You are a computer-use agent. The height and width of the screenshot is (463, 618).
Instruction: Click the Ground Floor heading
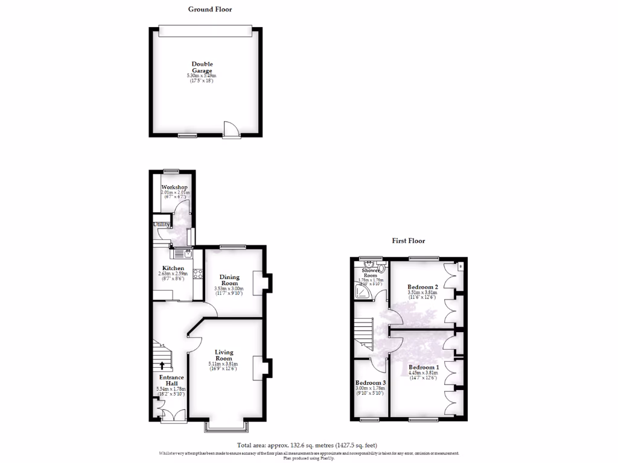(x=209, y=9)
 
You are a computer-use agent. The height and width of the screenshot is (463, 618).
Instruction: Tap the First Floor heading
(x=409, y=241)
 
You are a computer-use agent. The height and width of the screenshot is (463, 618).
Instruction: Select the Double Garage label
(x=202, y=67)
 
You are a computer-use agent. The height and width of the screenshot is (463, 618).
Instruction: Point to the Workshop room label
(x=174, y=187)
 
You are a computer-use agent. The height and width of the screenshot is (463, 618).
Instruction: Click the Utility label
(x=161, y=224)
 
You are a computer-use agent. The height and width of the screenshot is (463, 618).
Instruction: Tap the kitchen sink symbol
(x=183, y=254)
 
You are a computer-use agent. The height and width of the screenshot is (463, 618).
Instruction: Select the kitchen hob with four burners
(x=197, y=274)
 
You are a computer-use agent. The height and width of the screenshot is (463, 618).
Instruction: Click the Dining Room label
(x=229, y=280)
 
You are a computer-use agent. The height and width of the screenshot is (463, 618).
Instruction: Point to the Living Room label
(x=223, y=355)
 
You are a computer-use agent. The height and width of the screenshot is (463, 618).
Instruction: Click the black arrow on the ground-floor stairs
(x=162, y=365)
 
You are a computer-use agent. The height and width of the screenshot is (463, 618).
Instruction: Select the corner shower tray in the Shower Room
(x=363, y=293)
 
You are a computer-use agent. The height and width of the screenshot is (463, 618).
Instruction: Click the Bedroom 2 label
(x=422, y=287)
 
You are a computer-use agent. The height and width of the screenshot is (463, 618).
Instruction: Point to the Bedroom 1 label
(x=422, y=367)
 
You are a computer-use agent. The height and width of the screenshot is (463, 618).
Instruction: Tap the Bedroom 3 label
(x=370, y=383)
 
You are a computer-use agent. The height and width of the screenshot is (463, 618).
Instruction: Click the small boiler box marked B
(x=460, y=266)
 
